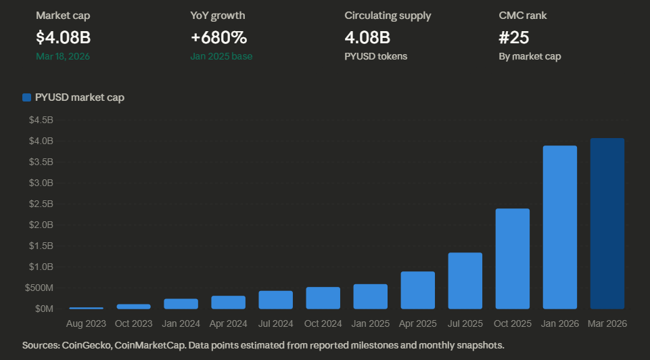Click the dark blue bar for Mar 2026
click(x=607, y=223)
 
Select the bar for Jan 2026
click(x=559, y=227)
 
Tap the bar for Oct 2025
click(x=512, y=258)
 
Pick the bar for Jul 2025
click(x=465, y=281)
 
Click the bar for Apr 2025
click(x=417, y=290)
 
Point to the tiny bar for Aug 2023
click(x=86, y=308)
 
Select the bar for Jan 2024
click(x=181, y=304)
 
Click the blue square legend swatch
click(x=26, y=97)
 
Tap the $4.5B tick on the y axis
click(x=41, y=120)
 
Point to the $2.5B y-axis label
click(x=41, y=204)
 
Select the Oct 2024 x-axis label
click(x=323, y=324)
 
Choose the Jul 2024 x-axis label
click(x=275, y=324)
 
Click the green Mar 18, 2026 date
click(x=62, y=56)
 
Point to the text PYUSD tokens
click(x=375, y=56)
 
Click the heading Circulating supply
click(x=388, y=15)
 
